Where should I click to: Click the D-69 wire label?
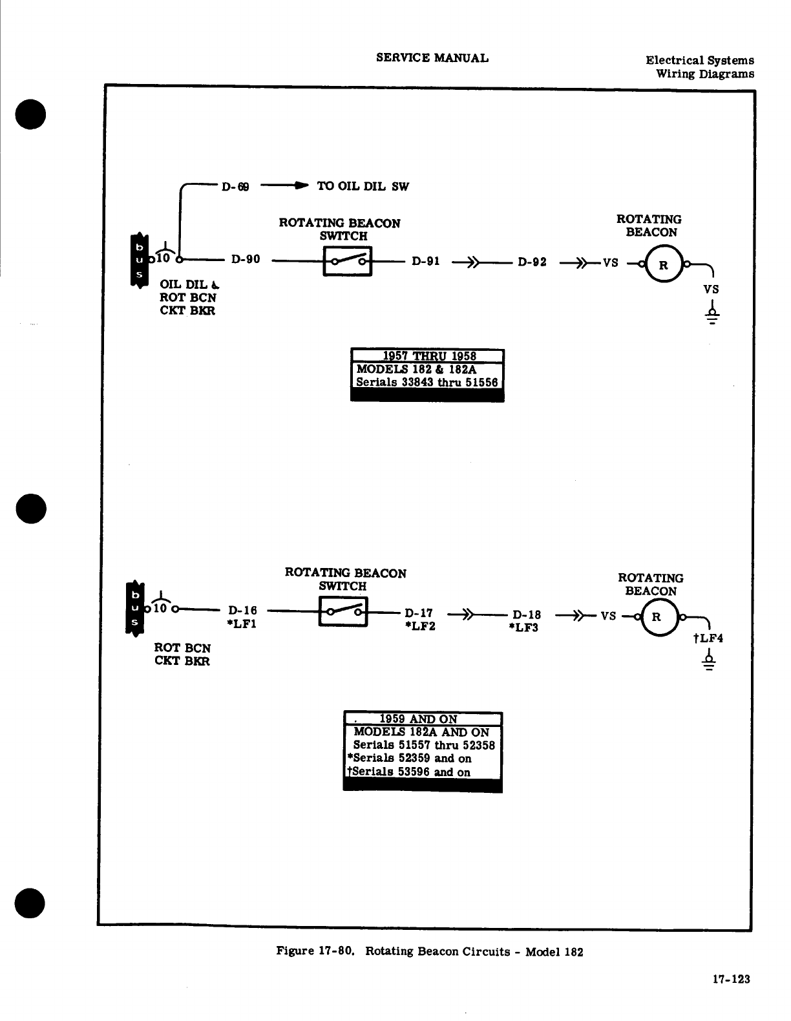click(235, 187)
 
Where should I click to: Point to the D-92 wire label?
click(532, 262)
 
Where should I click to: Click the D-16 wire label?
click(242, 610)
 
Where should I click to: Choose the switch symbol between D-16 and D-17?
click(343, 611)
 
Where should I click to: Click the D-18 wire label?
click(527, 615)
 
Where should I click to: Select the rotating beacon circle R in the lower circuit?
click(657, 616)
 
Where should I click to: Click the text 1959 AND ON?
click(418, 719)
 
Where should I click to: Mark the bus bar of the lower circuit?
click(135, 608)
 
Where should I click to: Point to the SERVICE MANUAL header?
click(432, 58)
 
